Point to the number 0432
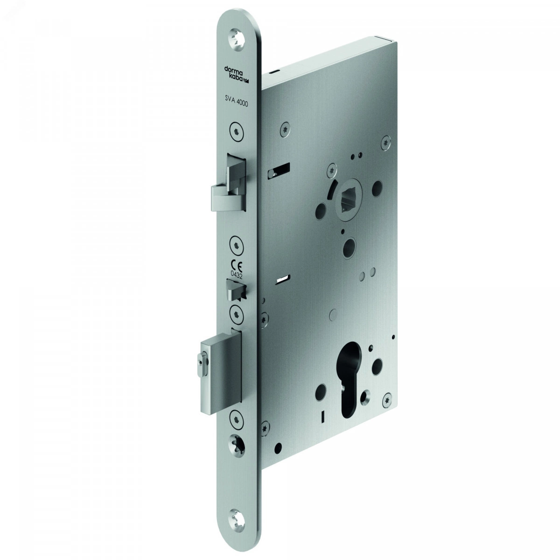pyautogui.click(x=236, y=274)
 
